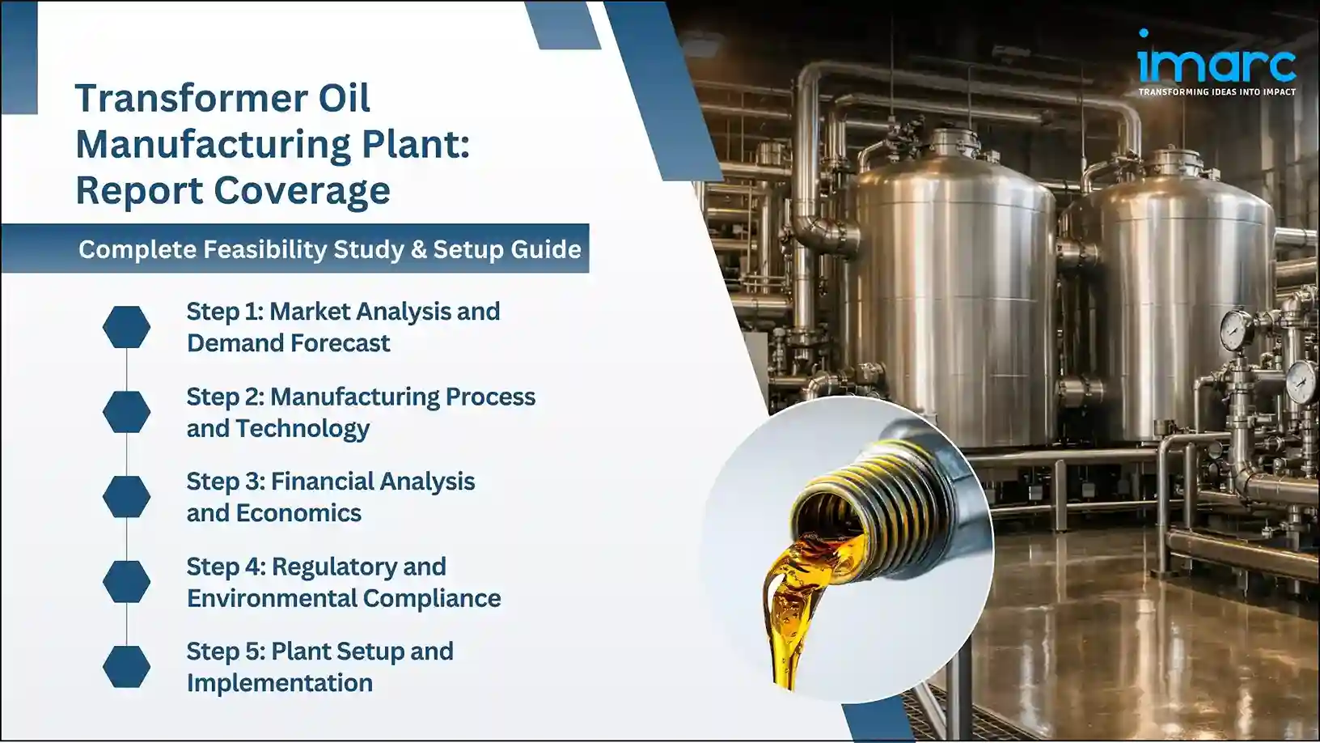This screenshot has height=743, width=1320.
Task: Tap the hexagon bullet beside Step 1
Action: pos(126,327)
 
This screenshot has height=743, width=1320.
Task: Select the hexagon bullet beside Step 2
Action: pos(126,412)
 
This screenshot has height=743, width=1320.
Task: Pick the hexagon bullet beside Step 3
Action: pos(126,497)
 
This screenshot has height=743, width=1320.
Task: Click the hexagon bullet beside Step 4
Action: pos(126,582)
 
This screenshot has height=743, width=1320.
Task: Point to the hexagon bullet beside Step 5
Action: pos(126,667)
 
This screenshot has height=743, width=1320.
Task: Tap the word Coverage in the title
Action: pos(302,191)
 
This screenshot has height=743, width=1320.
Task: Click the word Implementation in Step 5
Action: pos(280,683)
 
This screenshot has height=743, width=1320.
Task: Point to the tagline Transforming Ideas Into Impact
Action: pos(1216,92)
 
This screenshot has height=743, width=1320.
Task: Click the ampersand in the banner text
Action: pos(418,249)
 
